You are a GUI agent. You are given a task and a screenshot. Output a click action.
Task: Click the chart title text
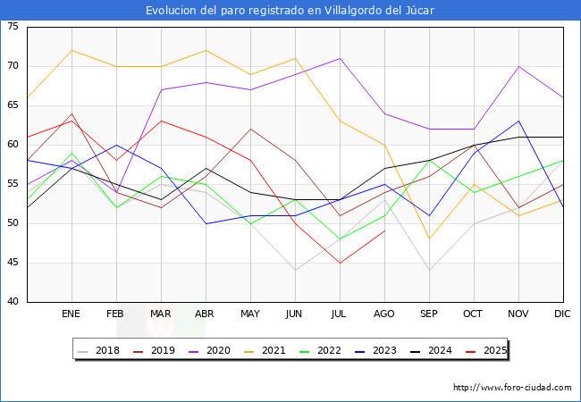(x=290, y=10)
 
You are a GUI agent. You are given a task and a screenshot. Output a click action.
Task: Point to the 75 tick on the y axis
(x=13, y=27)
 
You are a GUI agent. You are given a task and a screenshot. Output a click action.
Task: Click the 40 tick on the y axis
(x=13, y=302)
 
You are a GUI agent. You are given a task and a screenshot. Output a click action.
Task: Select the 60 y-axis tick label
(x=13, y=145)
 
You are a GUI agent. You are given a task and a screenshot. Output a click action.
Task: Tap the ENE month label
(x=72, y=314)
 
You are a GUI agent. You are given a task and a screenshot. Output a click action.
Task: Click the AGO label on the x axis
(x=384, y=314)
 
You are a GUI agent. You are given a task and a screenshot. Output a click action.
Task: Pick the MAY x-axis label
(x=250, y=314)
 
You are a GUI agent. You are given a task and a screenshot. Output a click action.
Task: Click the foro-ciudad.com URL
(x=512, y=388)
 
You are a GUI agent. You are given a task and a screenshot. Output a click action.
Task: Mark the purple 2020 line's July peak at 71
(x=340, y=58)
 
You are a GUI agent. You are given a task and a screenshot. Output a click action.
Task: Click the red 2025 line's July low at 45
(x=340, y=263)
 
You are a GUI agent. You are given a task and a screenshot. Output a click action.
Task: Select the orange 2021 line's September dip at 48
(x=429, y=239)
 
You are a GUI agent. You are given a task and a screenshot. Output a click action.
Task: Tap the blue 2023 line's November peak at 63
(x=518, y=121)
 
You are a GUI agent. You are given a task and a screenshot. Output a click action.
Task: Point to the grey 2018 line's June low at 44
(x=295, y=271)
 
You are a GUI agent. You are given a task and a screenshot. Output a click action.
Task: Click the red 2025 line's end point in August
(x=384, y=231)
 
